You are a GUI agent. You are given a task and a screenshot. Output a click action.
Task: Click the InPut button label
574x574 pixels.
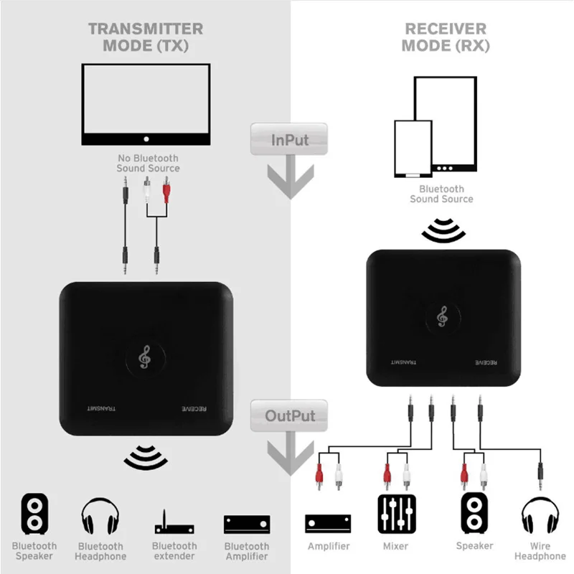(x=290, y=140)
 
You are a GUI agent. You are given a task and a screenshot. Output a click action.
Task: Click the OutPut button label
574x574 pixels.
(x=290, y=416)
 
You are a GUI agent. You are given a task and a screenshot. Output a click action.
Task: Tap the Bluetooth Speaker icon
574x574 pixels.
(x=34, y=513)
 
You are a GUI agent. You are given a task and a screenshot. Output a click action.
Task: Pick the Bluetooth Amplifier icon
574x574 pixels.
(x=247, y=524)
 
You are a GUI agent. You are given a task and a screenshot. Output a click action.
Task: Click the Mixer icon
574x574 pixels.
(x=397, y=514)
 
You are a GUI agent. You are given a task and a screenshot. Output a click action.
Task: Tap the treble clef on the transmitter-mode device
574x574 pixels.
(x=145, y=357)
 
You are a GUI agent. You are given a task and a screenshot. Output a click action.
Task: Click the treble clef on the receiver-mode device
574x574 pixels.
(x=443, y=316)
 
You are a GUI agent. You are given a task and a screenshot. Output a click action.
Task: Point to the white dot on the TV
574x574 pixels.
(x=146, y=139)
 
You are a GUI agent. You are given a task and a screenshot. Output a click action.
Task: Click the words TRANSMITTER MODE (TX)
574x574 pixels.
(x=146, y=37)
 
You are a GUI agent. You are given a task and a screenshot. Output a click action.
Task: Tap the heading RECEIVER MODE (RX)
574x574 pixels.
(x=446, y=37)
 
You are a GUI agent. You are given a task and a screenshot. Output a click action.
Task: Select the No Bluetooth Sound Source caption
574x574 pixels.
(x=149, y=164)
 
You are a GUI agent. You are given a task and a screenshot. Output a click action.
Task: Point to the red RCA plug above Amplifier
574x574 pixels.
(x=319, y=476)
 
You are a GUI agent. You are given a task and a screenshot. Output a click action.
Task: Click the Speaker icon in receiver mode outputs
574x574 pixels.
(x=474, y=513)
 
